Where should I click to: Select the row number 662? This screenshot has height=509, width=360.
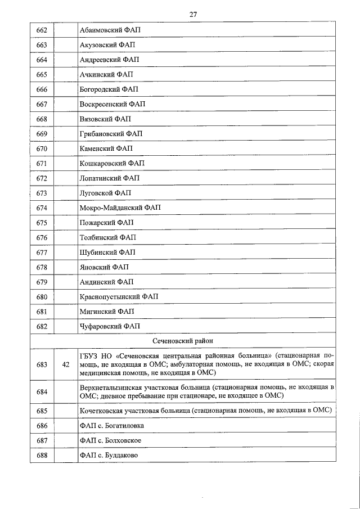pos(42,30)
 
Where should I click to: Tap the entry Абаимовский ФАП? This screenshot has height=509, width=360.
pos(110,30)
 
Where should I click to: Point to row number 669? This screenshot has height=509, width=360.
pos(42,134)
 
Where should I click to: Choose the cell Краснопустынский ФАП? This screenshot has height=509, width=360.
pos(119,296)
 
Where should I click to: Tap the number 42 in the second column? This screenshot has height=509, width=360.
pos(65,365)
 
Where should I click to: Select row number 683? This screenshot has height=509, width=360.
pos(42,365)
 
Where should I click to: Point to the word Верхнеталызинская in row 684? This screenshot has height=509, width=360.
pos(113,388)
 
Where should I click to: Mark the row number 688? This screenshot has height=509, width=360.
pos(42,455)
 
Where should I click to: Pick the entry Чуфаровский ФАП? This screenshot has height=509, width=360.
pos(110,326)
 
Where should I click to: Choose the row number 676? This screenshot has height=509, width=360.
pos(42,237)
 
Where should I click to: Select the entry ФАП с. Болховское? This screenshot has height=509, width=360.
pos(110,440)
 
